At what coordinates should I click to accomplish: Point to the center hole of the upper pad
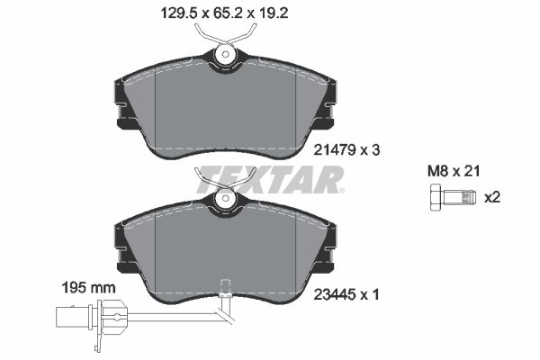click(225, 58)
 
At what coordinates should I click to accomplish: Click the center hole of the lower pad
click(225, 201)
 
